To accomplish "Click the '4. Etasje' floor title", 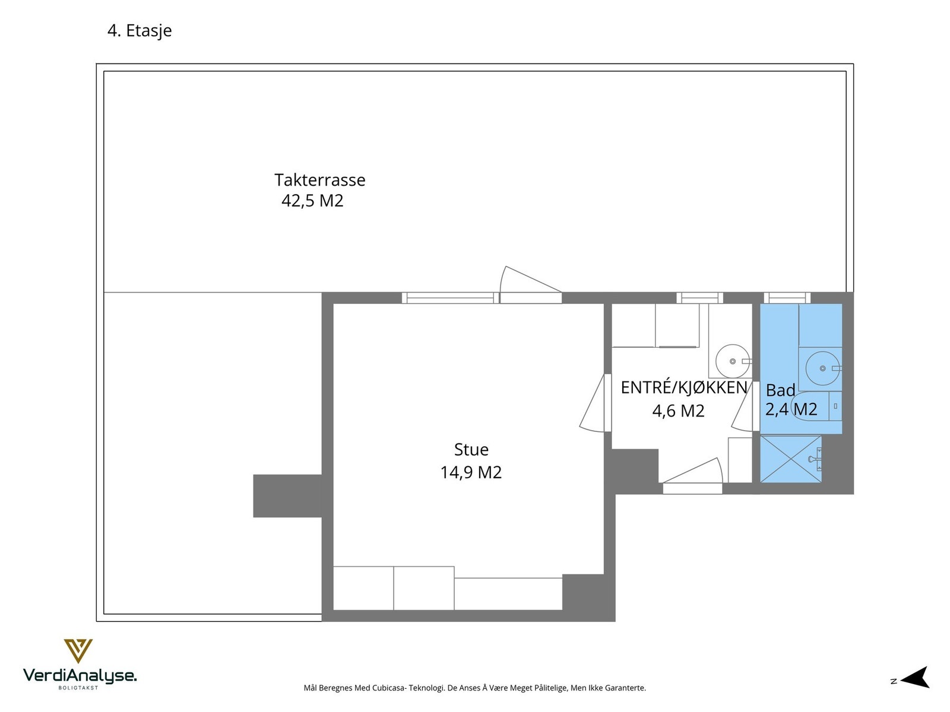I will click(x=140, y=31).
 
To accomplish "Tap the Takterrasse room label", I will click(x=319, y=180).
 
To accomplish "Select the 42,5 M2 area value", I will click(x=312, y=201).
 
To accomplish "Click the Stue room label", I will click(x=471, y=450).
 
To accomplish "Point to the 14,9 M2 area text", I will click(x=471, y=472).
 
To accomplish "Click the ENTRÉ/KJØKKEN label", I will click(x=683, y=387).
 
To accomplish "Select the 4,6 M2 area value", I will click(x=678, y=411).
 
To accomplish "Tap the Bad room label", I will click(x=780, y=390).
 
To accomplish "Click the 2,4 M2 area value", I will click(x=791, y=409).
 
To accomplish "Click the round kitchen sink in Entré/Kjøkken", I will click(x=732, y=361).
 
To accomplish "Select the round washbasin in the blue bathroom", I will click(x=822, y=368).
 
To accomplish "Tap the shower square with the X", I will click(x=790, y=459).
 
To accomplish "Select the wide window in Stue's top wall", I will click(x=449, y=298).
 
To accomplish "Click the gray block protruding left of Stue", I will click(x=287, y=496).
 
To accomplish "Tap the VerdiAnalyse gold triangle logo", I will click(x=78, y=650).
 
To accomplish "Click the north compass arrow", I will click(x=915, y=678).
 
